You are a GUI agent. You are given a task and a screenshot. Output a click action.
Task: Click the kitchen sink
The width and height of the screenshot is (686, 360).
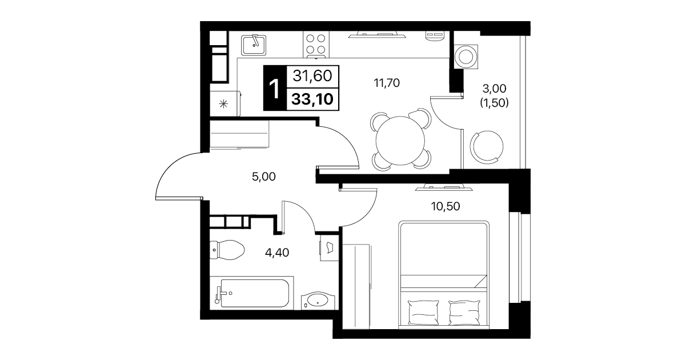point(254,45)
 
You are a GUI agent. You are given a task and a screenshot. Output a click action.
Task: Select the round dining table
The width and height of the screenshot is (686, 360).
point(400,141)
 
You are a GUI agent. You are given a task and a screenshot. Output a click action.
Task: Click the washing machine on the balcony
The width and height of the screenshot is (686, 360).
point(466,57)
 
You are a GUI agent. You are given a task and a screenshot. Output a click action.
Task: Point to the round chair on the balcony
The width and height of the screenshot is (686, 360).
point(487,147)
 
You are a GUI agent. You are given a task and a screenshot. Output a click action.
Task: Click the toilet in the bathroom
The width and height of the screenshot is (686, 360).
point(227,250)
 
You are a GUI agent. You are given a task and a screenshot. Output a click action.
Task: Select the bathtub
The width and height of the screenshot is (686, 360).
point(252,293)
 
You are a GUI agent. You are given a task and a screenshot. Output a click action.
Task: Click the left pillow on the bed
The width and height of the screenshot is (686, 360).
point(424,312)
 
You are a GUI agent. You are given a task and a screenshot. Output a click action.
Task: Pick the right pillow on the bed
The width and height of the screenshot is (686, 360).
point(464,312)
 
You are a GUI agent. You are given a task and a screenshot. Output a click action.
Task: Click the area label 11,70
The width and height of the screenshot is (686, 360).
point(387,83)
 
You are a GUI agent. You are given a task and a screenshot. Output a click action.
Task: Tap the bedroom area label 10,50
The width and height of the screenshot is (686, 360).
point(446,206)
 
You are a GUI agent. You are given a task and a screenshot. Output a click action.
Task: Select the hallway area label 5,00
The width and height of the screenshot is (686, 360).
point(264,177)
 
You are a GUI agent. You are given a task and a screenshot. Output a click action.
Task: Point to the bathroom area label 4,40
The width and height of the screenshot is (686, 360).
point(277,253)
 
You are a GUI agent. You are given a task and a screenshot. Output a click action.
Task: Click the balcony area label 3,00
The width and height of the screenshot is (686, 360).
point(494,89)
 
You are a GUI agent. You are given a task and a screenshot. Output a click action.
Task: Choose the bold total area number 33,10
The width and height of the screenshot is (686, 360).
point(312,99)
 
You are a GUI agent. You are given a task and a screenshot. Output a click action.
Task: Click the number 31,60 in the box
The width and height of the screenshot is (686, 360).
point(312,75)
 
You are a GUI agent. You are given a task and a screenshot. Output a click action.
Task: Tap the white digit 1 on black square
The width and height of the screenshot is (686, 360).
point(274,88)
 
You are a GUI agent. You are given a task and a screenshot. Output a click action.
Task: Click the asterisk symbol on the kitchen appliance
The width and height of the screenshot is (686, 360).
point(223,104)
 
